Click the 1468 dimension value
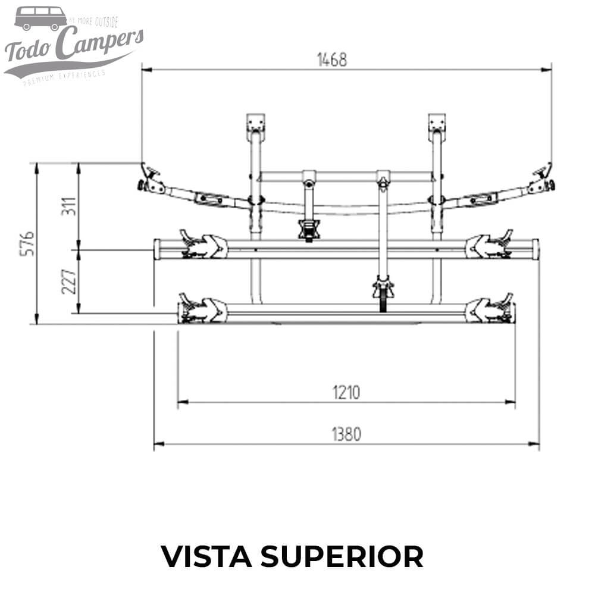[x=331, y=60]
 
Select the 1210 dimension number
[x=347, y=393]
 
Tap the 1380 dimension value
[x=346, y=434]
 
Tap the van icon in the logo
[x=40, y=18]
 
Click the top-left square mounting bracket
[x=256, y=123]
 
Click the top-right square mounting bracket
[x=437, y=123]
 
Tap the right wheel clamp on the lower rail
[x=490, y=309]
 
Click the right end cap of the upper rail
[x=535, y=249]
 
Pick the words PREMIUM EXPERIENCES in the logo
[x=64, y=77]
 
